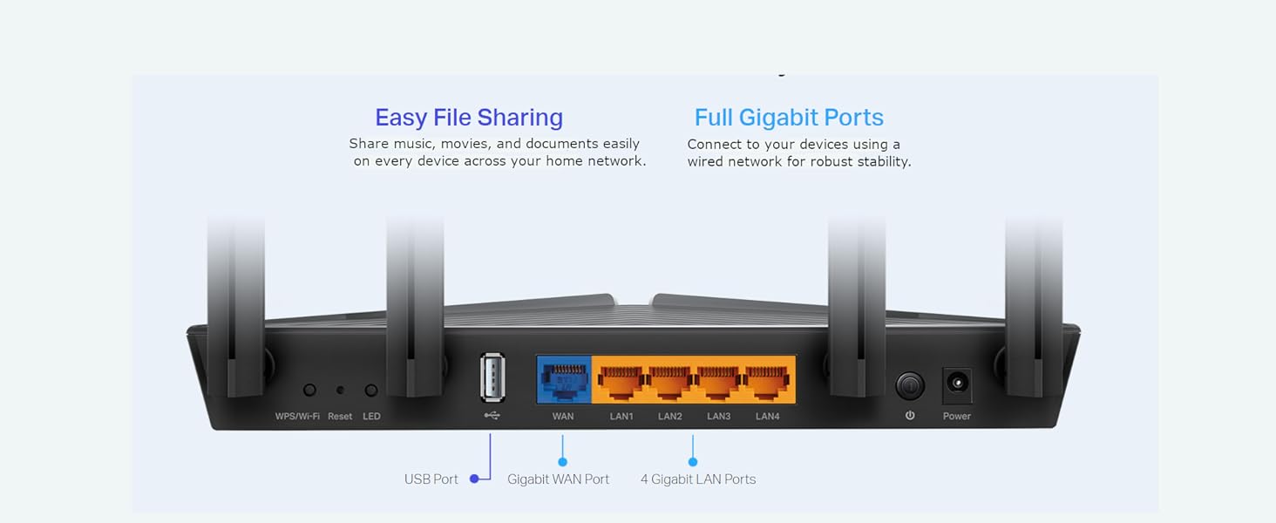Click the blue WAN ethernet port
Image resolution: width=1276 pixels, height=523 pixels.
pos(564,379)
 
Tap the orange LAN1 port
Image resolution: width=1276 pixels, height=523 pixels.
pos(621,381)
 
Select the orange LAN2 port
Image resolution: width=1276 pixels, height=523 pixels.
pos(670,381)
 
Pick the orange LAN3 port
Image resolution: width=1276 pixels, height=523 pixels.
pos(719,381)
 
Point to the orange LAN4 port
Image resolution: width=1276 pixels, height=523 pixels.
pos(768,381)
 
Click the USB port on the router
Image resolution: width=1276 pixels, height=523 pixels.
pos(492,378)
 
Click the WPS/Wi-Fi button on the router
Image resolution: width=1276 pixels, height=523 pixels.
pos(309,391)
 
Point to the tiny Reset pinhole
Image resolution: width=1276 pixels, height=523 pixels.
pos(340,391)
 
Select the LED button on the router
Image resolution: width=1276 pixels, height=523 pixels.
pos(371,391)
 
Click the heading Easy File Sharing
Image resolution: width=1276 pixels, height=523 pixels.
pos(469,118)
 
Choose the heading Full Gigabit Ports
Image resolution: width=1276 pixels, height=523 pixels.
pos(789,118)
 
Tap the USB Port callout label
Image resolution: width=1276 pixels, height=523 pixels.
pos(431,479)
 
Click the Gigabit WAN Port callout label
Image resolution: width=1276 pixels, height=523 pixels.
pos(559,479)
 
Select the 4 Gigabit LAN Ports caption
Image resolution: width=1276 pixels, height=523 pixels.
pos(698,479)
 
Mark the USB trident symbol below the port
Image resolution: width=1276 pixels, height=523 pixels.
pos(492,416)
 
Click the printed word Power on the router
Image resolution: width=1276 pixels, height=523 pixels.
pos(957,417)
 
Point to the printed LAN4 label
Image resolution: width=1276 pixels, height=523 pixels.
pos(768,417)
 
